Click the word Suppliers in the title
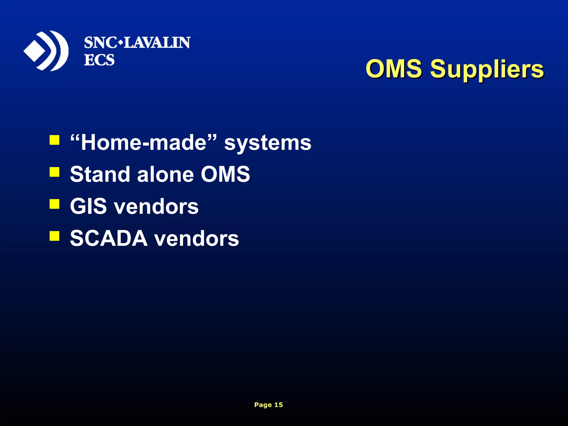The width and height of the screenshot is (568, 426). [x=487, y=69]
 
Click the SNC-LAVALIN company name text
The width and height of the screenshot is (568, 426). [x=137, y=43]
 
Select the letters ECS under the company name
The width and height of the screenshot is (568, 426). [x=99, y=60]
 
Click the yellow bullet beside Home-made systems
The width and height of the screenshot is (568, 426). [x=54, y=140]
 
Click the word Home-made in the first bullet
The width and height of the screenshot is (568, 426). [x=144, y=143]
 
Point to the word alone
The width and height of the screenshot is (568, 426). [x=165, y=174]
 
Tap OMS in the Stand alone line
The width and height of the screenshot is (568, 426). [x=225, y=174]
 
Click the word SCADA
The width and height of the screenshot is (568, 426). [x=108, y=238]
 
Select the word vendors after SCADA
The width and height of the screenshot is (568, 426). [x=196, y=239]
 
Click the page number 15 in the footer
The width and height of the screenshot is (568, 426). [x=278, y=405]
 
